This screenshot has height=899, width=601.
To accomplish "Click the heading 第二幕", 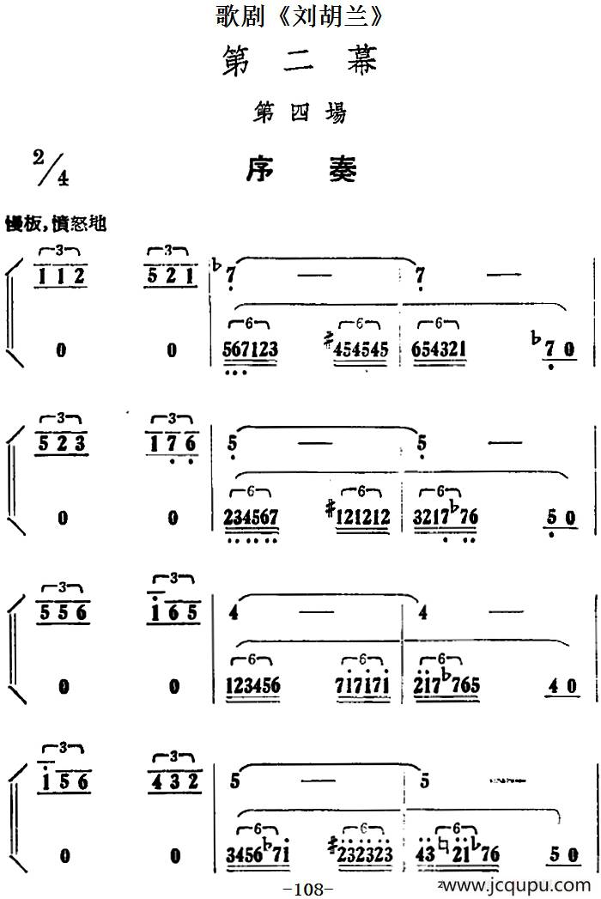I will click(300, 61).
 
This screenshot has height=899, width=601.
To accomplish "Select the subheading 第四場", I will click(300, 112).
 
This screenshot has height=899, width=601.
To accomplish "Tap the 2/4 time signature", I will click(49, 167).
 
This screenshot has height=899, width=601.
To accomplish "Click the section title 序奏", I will click(300, 169).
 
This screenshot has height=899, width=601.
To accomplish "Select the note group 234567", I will click(255, 517).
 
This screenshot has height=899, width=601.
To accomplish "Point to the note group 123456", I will click(255, 685).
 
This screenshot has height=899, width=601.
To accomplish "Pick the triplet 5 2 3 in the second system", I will click(60, 444).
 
